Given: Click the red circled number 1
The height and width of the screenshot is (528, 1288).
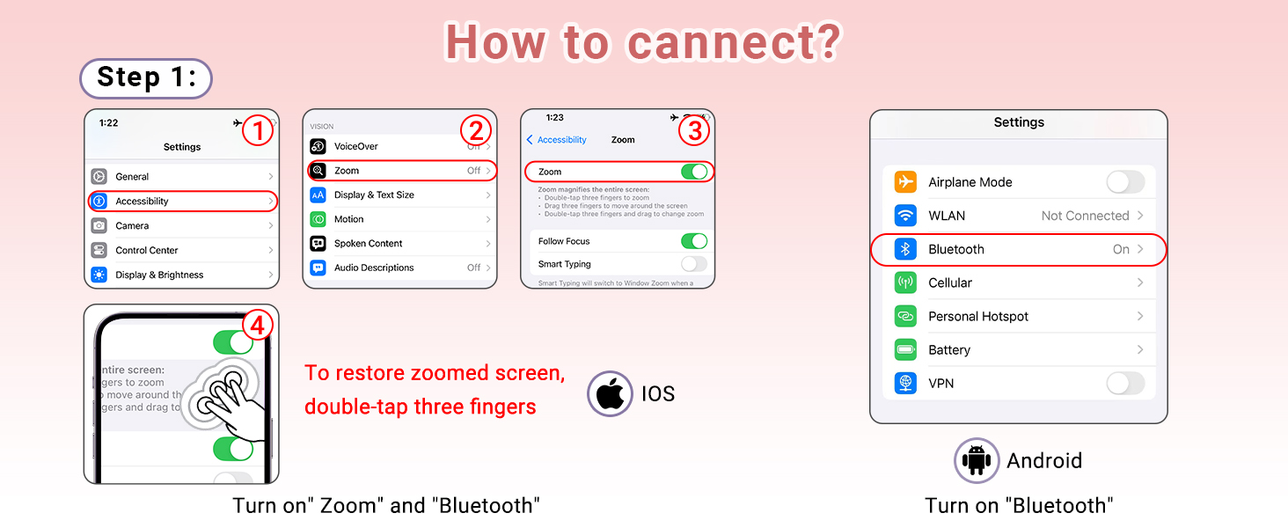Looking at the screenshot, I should [x=257, y=131].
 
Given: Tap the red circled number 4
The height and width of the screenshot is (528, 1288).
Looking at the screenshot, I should [x=257, y=326].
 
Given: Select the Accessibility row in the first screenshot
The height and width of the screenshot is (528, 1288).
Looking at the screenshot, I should [x=182, y=202].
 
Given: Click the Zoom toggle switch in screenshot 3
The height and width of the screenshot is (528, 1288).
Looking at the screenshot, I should [x=694, y=172].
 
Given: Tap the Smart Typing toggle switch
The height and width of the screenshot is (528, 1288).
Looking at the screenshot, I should [x=694, y=264].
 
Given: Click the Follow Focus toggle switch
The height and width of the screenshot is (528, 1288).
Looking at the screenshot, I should [x=694, y=241].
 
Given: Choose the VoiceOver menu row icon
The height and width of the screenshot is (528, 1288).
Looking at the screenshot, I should [x=318, y=146].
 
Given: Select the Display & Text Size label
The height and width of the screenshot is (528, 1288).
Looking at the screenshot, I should [x=374, y=195].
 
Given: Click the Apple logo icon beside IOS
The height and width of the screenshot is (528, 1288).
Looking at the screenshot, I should [x=610, y=393].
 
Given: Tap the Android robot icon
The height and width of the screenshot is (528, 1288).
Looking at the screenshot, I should [x=977, y=460].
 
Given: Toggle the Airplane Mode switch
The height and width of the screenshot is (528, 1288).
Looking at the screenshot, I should [x=1125, y=182].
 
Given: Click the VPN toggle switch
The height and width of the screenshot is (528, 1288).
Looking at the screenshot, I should [x=1125, y=384].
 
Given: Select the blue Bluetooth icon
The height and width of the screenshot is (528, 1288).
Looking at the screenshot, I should [x=905, y=250].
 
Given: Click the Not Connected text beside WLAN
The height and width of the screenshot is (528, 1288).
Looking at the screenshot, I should [x=1085, y=216].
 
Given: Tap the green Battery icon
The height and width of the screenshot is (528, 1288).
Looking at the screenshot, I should [x=905, y=350].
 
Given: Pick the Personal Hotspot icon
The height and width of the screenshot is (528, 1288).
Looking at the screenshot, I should [x=905, y=317].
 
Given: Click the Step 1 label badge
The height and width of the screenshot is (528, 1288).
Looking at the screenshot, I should [x=146, y=78].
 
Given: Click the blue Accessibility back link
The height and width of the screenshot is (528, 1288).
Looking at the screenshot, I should [x=557, y=140].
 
